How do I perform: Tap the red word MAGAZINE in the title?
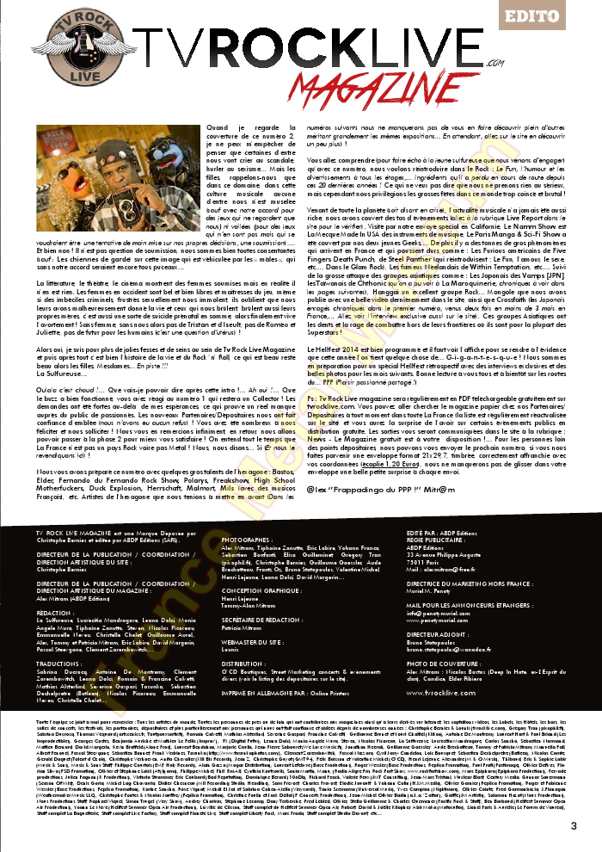point(355,89)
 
